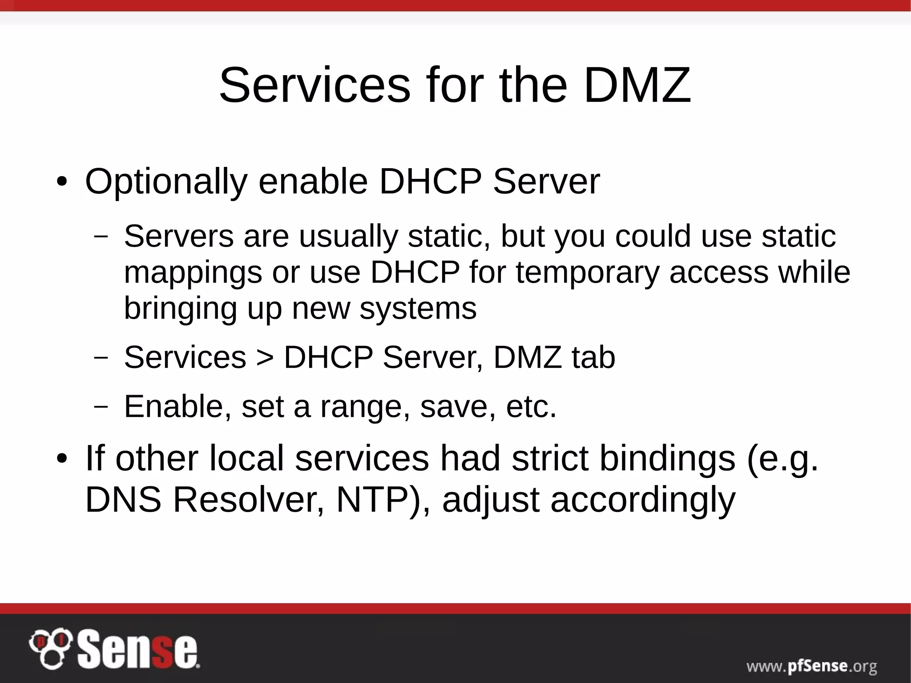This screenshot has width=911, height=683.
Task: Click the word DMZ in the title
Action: point(637,85)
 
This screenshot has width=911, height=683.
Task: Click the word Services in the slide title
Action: point(314,85)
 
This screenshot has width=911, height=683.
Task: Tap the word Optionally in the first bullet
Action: point(166,182)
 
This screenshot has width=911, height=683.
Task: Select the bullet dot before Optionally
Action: point(61,183)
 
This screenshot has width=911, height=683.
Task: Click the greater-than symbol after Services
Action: point(265,358)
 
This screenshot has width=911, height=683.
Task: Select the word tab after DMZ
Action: point(593,357)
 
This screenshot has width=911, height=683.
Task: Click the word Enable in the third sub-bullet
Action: point(177,406)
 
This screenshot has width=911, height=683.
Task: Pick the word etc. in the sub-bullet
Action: point(531,407)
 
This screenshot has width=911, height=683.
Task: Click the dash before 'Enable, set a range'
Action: point(101,406)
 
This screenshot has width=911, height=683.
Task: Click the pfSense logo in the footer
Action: point(114,650)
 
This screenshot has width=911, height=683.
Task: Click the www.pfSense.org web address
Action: point(811,666)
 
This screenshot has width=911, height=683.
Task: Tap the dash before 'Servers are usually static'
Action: point(101,236)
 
